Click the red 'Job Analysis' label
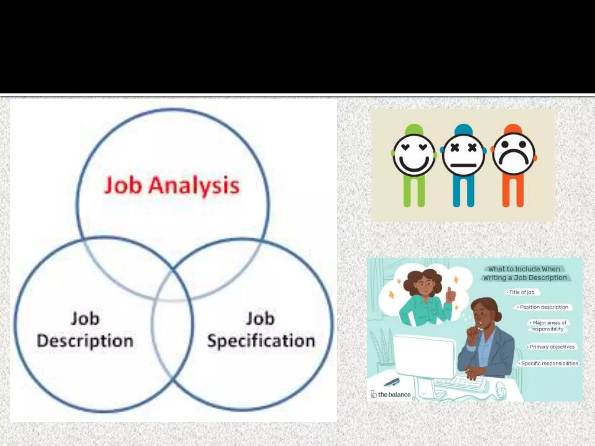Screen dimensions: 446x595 coord(171,185)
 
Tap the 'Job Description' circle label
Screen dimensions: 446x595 coord(85,330)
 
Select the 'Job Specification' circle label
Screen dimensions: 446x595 coord(261,330)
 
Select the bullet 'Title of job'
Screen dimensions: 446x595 coord(521,292)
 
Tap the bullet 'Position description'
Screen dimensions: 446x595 coord(544,307)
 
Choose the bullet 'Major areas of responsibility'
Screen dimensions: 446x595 coord(548,326)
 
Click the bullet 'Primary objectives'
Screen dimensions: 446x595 coord(552,347)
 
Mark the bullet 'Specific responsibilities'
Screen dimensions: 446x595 coord(549,363)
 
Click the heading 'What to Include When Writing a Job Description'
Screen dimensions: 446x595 coord(525,273)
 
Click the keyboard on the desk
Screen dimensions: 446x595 coord(462,383)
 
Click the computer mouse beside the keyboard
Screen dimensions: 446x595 coord(500,389)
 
